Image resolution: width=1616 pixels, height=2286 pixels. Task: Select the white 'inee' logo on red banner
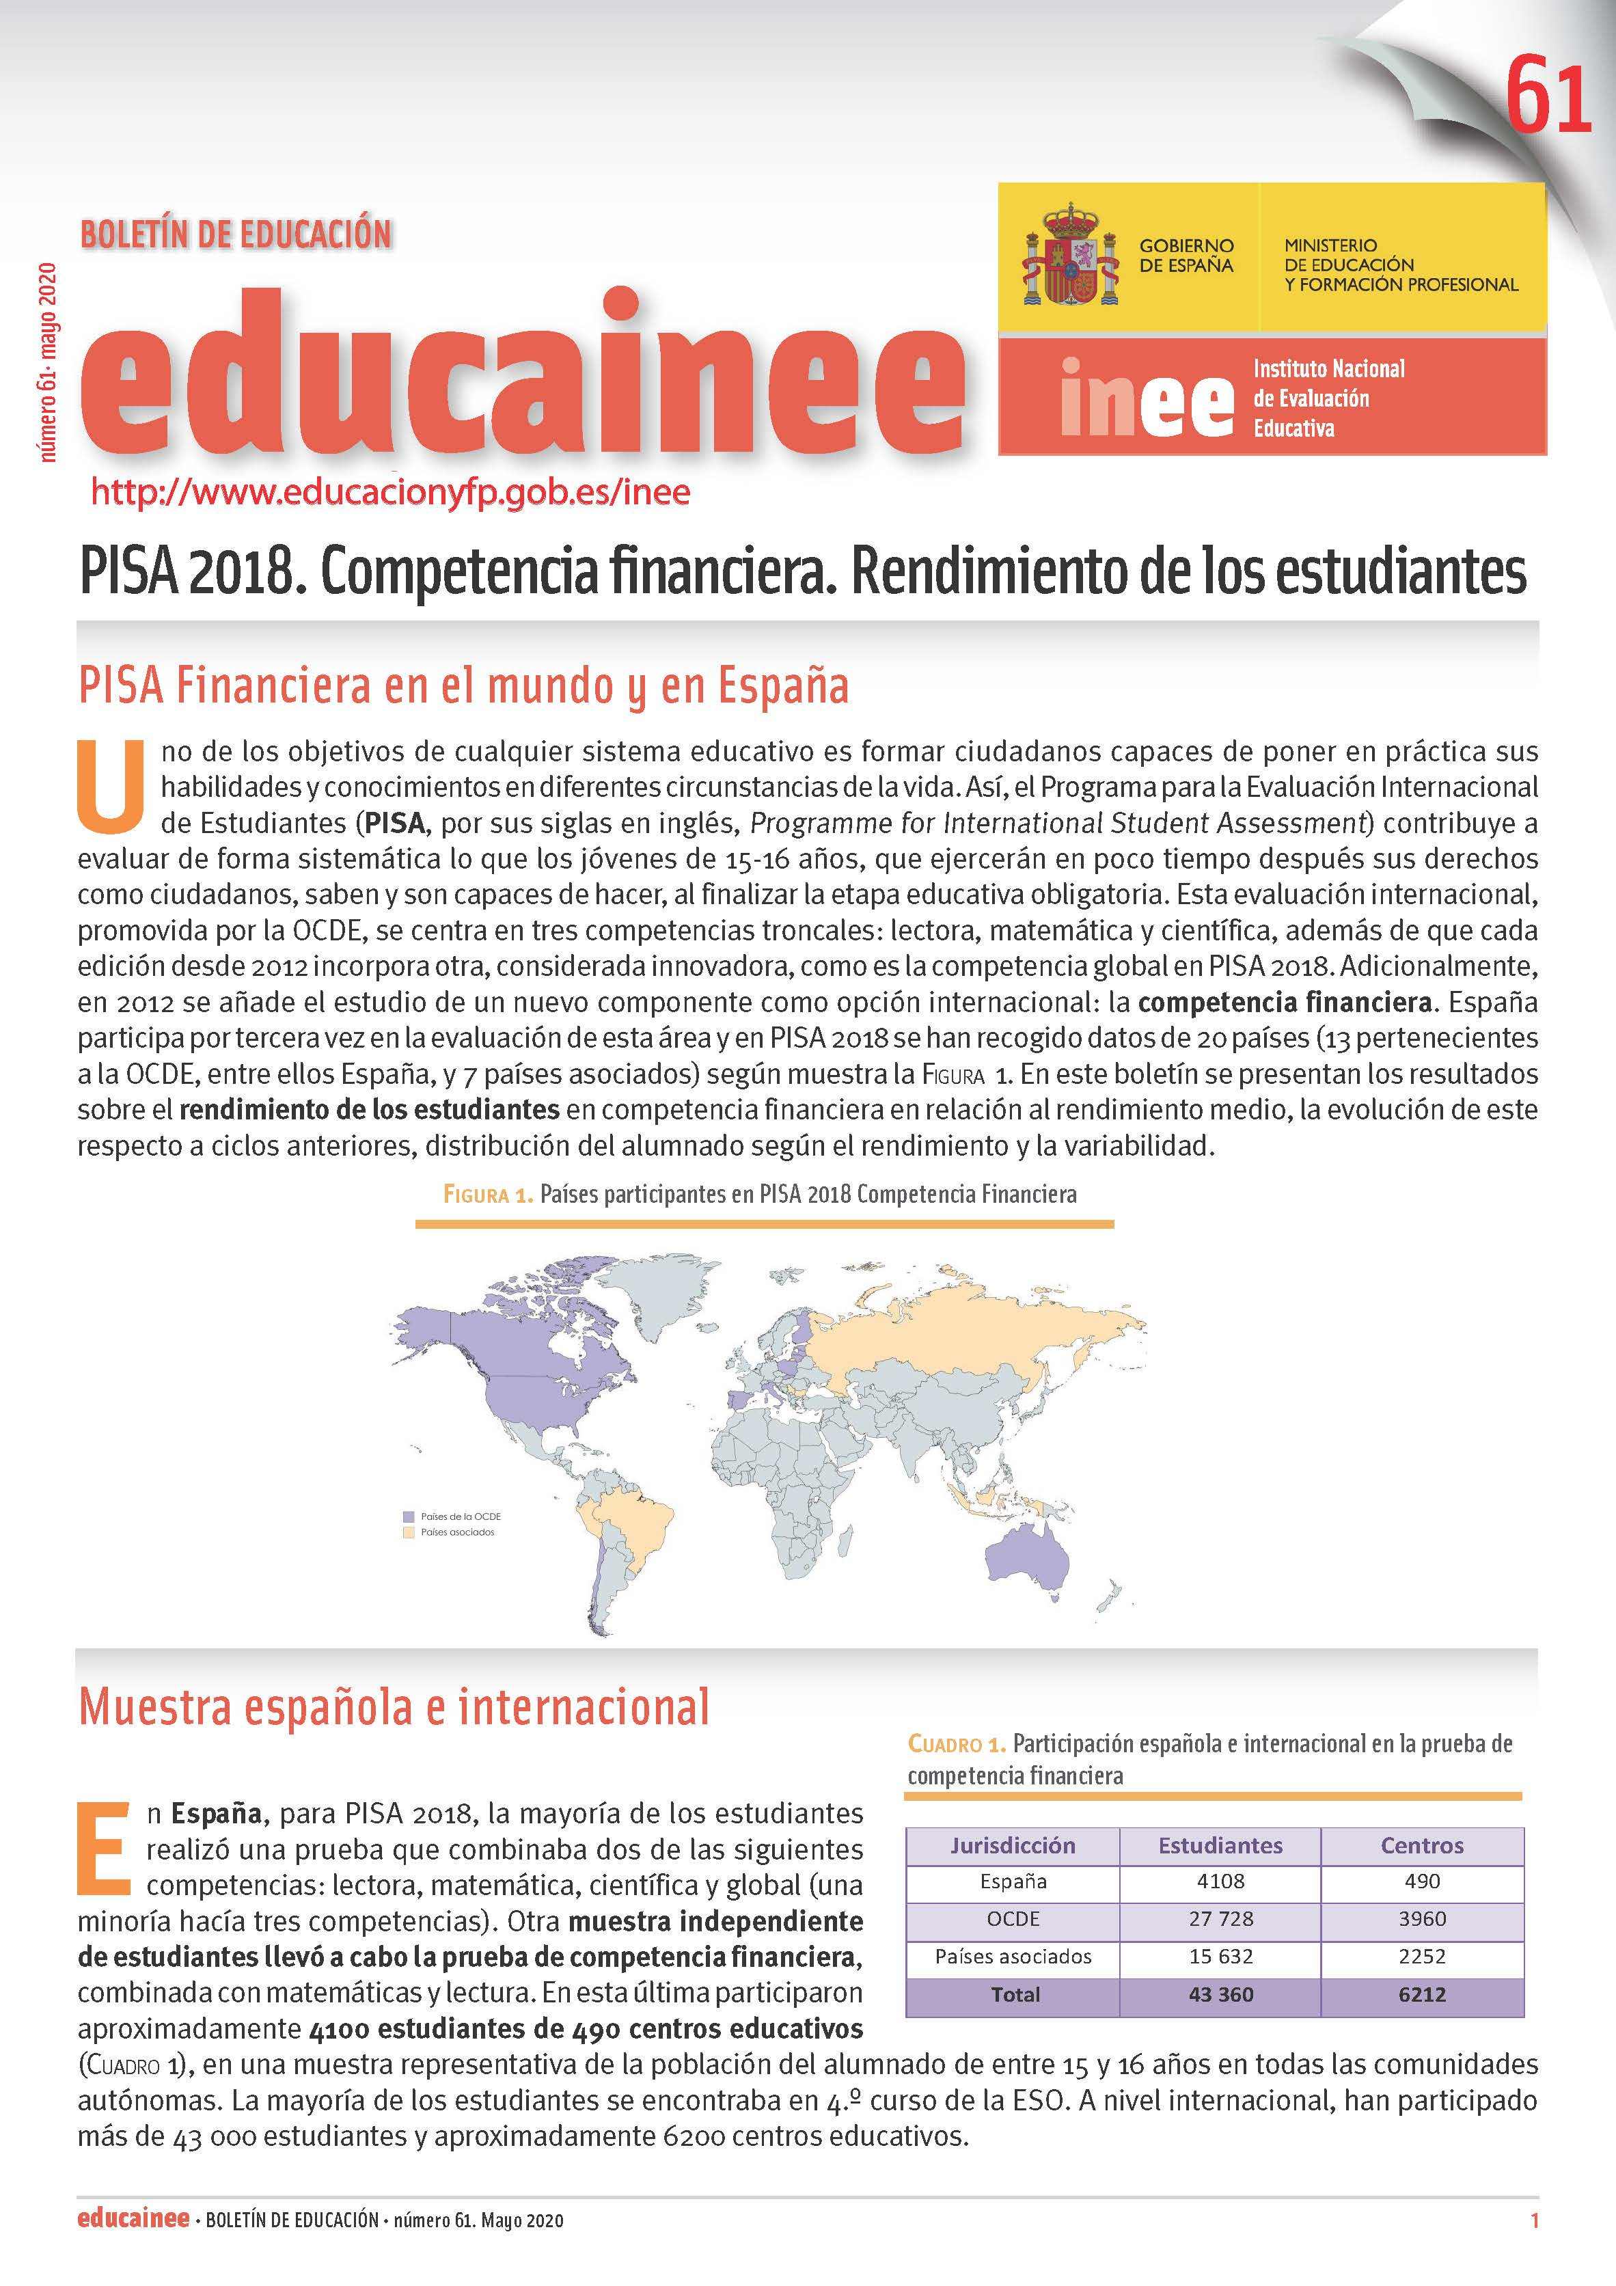click(1145, 396)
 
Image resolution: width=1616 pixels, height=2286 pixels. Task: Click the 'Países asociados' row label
click(1013, 1957)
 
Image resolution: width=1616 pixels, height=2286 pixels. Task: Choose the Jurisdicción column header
click(1013, 1845)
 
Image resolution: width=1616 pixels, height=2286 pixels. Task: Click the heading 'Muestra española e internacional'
click(394, 1706)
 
